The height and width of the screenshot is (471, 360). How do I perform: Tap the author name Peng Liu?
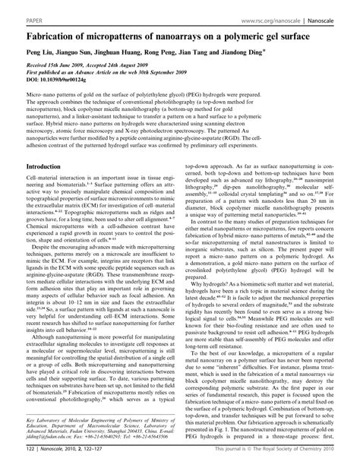click(x=40, y=55)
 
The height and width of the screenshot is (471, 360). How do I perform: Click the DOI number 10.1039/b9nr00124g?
click(x=69, y=84)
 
